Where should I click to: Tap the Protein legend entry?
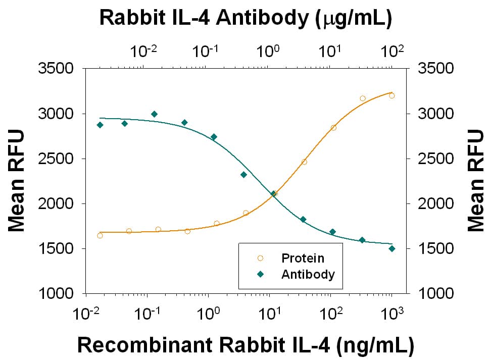[x=303, y=258]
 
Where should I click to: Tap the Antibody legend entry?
[x=308, y=275]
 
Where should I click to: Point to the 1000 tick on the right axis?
[x=436, y=293]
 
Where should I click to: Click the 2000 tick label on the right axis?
[x=436, y=203]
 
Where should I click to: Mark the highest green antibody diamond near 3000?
[x=155, y=114]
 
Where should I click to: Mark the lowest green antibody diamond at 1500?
[x=392, y=248]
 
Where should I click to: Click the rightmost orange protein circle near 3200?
[x=392, y=96]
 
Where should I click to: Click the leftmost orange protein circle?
[x=100, y=236]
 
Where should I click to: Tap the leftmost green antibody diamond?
[x=100, y=125]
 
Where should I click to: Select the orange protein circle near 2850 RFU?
[x=333, y=128]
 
